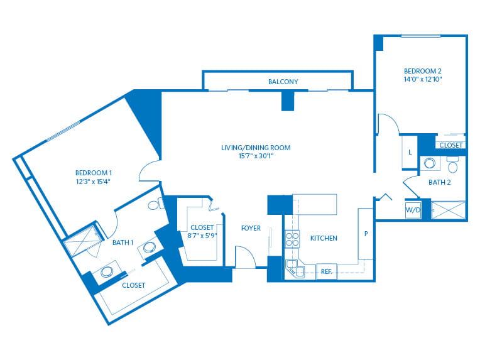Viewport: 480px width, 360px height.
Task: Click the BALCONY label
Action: pos(283,82)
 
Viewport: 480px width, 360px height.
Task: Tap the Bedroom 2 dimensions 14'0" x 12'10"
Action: pos(423,79)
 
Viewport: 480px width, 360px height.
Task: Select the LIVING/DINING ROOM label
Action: pos(256,148)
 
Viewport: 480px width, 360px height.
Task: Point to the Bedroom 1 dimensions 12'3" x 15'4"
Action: pos(93,182)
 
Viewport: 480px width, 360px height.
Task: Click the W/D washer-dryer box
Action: pos(413,210)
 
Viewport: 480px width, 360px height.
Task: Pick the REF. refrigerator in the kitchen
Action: pos(327,271)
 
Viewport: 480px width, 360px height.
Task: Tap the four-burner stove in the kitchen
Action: pos(292,239)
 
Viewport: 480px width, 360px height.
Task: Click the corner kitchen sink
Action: pos(295,268)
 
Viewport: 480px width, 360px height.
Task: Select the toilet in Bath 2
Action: pos(452,165)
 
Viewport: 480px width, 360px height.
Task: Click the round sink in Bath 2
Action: pos(430,163)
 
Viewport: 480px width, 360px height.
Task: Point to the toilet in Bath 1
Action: pos(156,204)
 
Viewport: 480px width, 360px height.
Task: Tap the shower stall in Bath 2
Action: pos(448,210)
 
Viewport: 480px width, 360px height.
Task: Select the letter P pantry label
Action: pos(366,234)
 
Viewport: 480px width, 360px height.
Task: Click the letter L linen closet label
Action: pos(410,152)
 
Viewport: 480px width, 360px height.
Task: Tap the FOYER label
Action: pos(251,228)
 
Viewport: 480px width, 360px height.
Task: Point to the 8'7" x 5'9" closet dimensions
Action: pos(202,236)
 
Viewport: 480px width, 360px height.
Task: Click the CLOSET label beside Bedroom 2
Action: pos(450,145)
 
